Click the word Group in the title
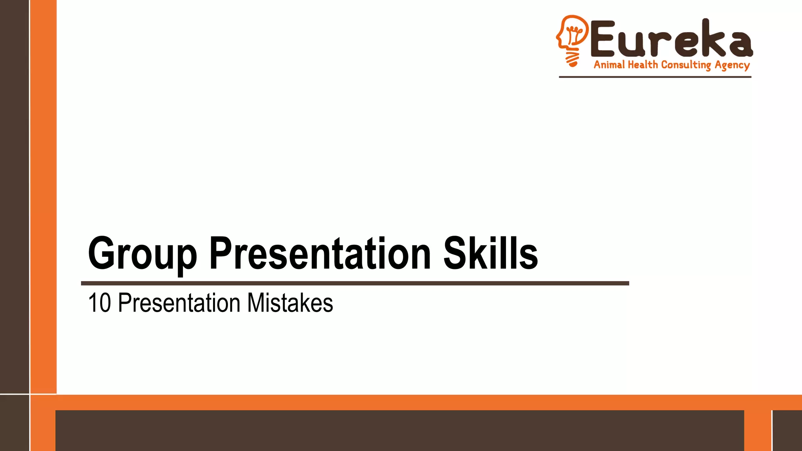pyautogui.click(x=142, y=254)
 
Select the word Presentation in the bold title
pyautogui.click(x=320, y=254)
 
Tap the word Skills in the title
pyautogui.click(x=490, y=254)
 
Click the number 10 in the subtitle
pyautogui.click(x=99, y=303)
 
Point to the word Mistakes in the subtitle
pyautogui.click(x=290, y=303)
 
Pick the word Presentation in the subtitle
pyautogui.click(x=179, y=303)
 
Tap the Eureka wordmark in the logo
pyautogui.click(x=672, y=39)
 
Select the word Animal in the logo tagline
pyautogui.click(x=609, y=65)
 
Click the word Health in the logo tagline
pyautogui.click(x=643, y=65)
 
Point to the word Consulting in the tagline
pyautogui.click(x=686, y=65)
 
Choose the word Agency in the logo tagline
pyautogui.click(x=732, y=65)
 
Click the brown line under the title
pyautogui.click(x=355, y=283)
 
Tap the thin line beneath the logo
pyautogui.click(x=655, y=77)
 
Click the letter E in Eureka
pyautogui.click(x=605, y=39)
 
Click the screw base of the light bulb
pyautogui.click(x=572, y=59)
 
